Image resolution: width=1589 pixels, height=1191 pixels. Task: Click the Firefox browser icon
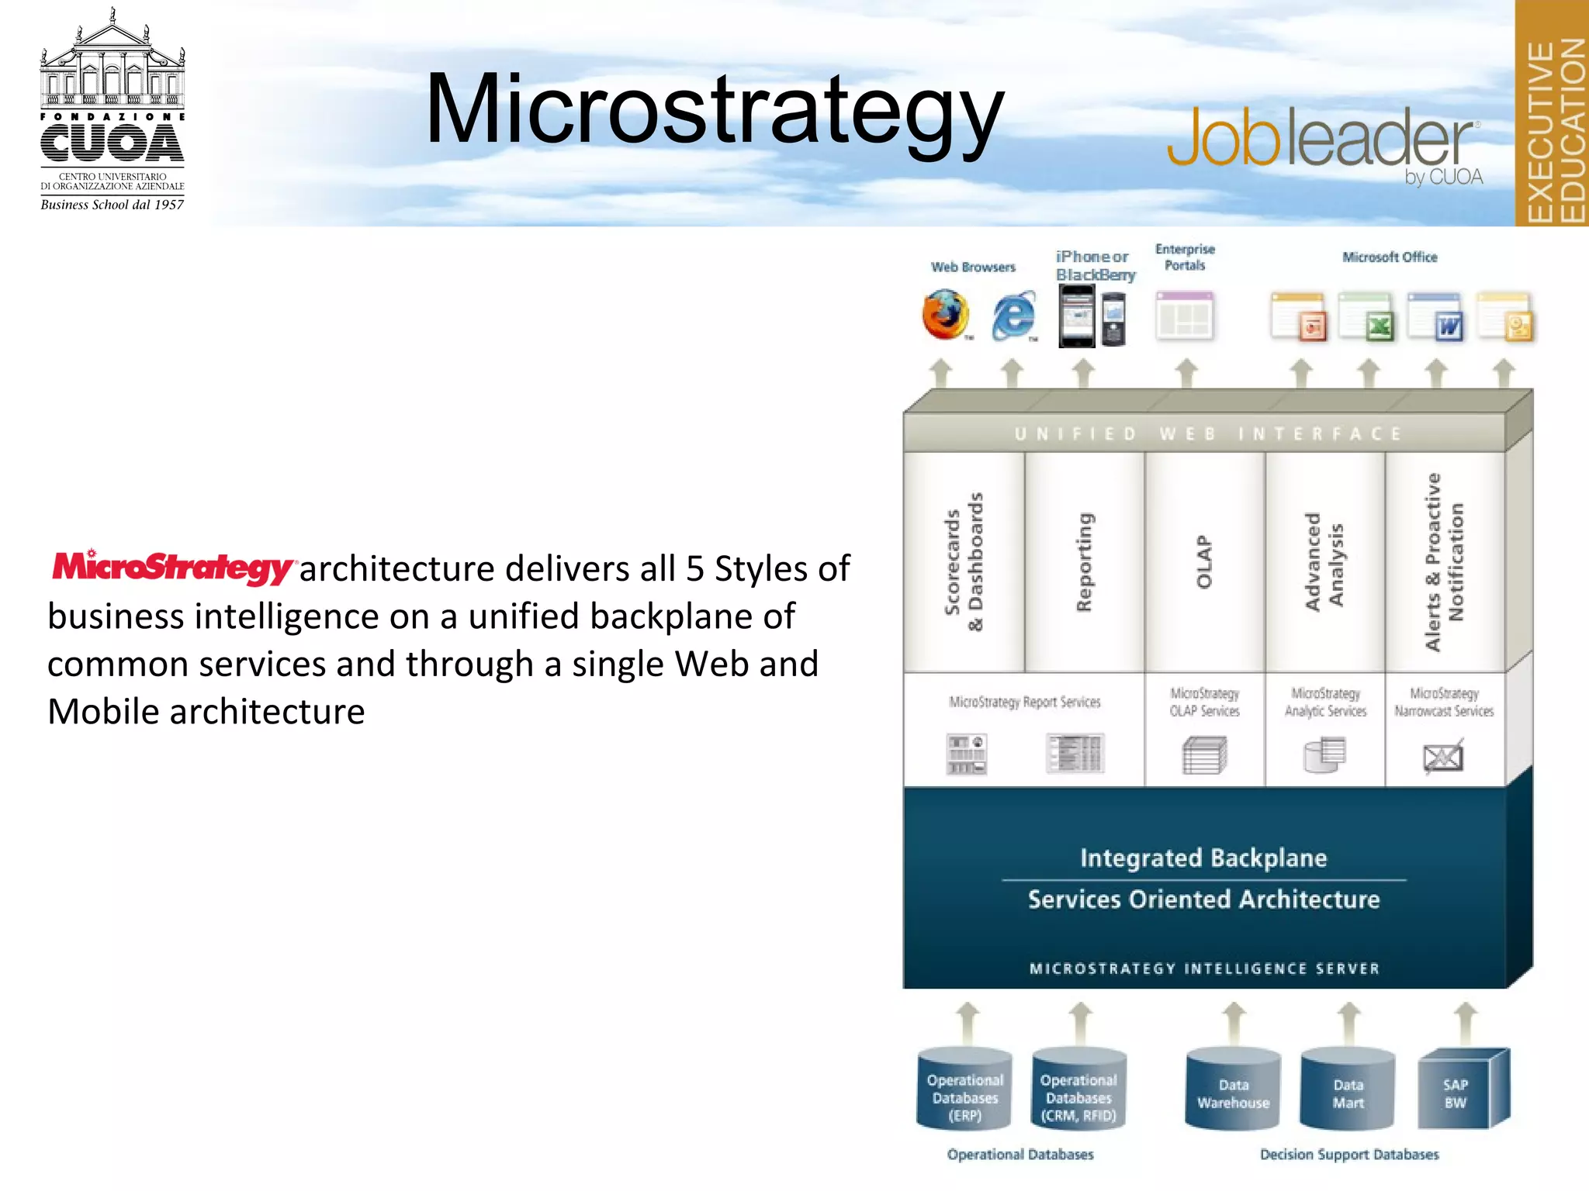tap(945, 315)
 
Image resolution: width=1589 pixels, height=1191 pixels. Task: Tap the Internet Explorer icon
tap(1013, 316)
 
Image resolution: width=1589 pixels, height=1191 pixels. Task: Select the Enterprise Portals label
tap(1185, 257)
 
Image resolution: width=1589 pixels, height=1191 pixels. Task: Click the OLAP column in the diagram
tap(1203, 562)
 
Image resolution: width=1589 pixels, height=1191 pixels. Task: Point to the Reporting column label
tap(1084, 562)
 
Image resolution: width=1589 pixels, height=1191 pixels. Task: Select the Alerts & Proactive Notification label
tap(1444, 562)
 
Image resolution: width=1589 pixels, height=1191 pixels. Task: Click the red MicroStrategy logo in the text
tap(172, 567)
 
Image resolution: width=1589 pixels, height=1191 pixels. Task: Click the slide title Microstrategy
tap(715, 111)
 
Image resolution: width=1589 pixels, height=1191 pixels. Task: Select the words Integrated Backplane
tap(1203, 858)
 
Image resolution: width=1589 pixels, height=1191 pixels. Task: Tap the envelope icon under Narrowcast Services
tap(1443, 757)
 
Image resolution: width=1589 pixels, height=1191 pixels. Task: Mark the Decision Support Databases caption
tap(1349, 1155)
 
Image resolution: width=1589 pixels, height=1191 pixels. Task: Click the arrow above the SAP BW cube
tap(1465, 1023)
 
